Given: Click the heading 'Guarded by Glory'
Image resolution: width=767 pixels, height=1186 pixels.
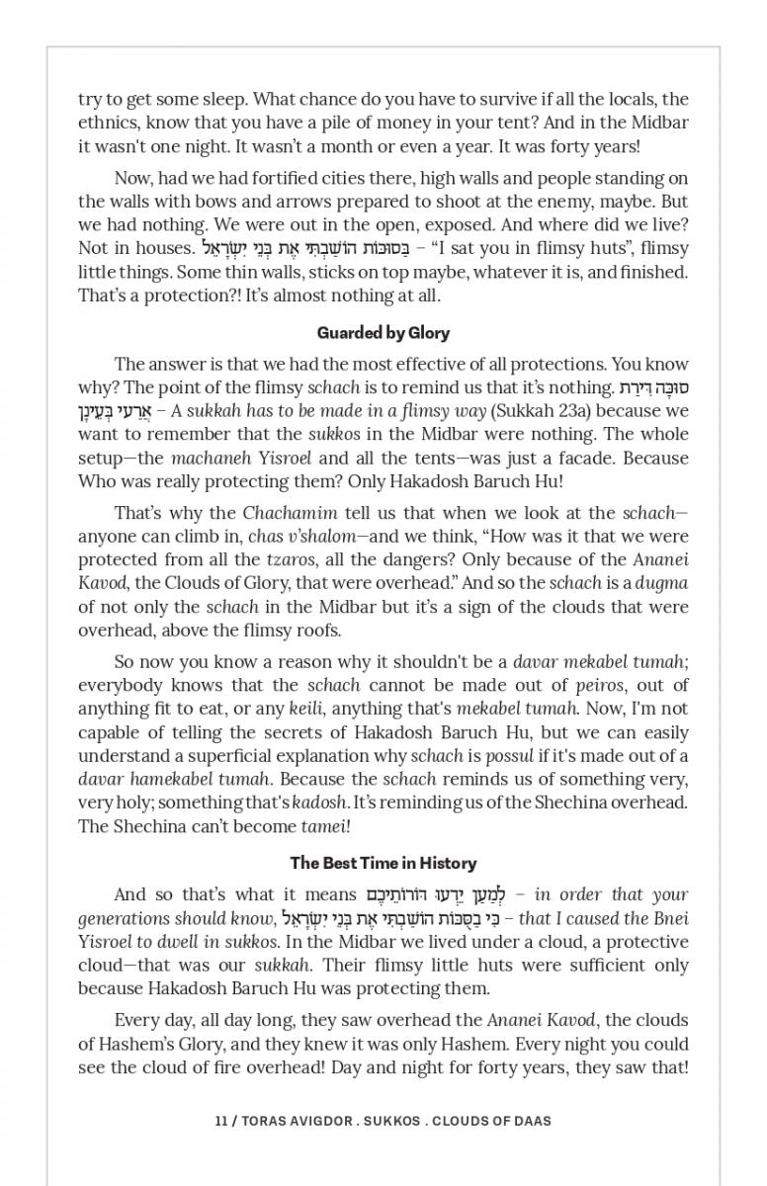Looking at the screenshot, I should (383, 333).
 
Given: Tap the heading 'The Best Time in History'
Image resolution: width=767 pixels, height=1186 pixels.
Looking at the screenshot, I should (383, 863).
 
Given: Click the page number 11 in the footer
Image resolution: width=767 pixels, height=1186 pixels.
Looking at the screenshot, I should (221, 1121).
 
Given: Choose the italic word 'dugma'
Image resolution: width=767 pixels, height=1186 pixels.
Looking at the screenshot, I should (662, 583).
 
